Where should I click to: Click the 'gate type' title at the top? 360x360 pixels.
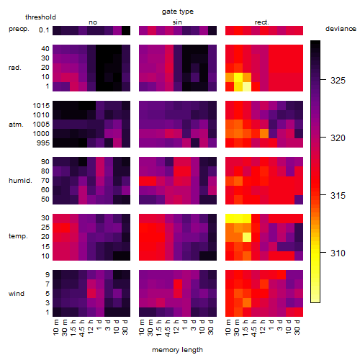[178, 12]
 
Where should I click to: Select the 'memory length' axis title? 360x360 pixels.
[177, 350]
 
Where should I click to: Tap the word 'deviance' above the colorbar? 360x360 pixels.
[341, 29]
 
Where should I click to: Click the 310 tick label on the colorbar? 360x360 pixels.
[338, 253]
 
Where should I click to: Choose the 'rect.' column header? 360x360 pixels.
[261, 22]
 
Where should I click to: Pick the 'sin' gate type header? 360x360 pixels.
[177, 22]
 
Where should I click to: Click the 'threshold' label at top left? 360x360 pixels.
[40, 17]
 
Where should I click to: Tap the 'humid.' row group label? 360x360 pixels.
[20, 181]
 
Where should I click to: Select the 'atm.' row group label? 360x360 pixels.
[16, 125]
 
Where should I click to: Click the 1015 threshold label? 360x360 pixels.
[41, 106]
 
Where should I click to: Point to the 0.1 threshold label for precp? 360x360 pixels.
[44, 30]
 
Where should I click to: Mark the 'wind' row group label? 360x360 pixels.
[17, 294]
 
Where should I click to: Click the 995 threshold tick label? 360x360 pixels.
[43, 143]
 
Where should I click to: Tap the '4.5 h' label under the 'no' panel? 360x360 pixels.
[82, 328]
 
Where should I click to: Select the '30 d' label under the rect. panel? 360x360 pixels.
[297, 328]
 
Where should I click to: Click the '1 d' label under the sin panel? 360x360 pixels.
[184, 325]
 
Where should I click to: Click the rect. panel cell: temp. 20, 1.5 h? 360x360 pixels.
[247, 237]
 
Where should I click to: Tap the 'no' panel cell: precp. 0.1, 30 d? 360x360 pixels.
[126, 30]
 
